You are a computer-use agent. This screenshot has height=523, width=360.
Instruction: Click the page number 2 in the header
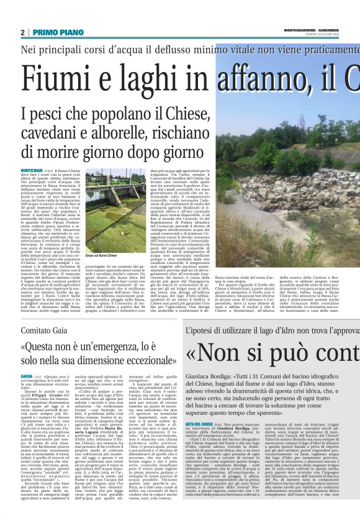point(23,32)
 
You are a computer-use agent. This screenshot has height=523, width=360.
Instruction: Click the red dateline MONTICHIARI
point(32,170)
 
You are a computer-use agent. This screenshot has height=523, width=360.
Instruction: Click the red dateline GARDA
point(27,376)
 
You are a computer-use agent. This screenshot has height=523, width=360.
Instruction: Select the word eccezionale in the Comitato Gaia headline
point(133,360)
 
